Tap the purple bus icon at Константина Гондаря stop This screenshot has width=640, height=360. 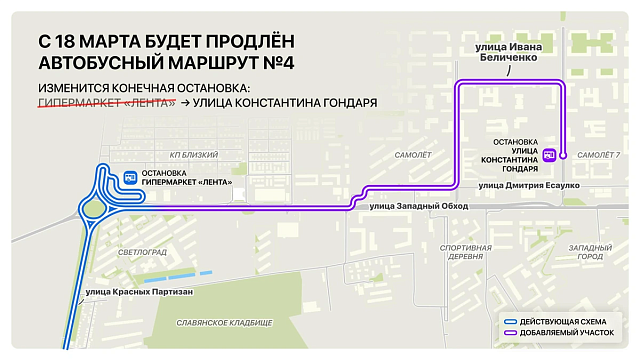pos(549,155)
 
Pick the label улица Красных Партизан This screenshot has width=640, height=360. pos(135,291)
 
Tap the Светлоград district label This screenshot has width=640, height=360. pos(140,253)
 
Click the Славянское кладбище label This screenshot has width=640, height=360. pos(223,323)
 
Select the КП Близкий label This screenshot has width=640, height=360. pos(193,155)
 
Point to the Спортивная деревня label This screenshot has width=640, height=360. pos(466,251)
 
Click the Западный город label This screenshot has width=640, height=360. pos(590,251)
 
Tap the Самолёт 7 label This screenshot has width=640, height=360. pos(599,155)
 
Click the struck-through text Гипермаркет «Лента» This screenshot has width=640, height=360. pos(106,103)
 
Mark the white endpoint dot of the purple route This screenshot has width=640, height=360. pos(564,155)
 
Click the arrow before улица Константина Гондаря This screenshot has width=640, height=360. pos(185,103)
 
